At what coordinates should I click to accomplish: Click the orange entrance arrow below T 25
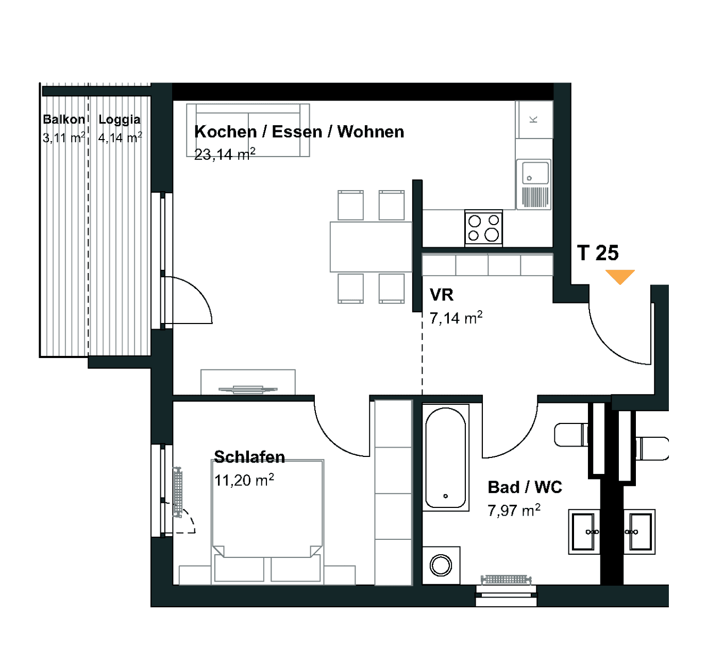coord(620,277)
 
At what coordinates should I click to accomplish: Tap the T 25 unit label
coord(598,252)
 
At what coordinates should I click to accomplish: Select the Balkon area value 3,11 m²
coord(64,138)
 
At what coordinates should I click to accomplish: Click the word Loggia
coord(120,120)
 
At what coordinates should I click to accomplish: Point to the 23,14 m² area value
coord(225,154)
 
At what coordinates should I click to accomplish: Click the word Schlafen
coord(249,457)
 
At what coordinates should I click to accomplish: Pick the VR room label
coord(442,295)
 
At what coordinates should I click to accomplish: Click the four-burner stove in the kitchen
coord(483,228)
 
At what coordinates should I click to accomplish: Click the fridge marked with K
coord(534,120)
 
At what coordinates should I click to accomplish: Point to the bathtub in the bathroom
coord(446,457)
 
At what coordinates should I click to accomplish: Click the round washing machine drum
coord(441,566)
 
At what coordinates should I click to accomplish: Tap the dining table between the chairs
coord(371,247)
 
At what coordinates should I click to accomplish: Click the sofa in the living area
coord(248,130)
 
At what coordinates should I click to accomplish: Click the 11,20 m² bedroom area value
coord(244,480)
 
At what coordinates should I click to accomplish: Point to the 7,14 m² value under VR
coord(456,318)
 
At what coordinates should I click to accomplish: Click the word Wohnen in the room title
coord(371,131)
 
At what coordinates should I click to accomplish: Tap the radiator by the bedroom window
coord(178,492)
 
